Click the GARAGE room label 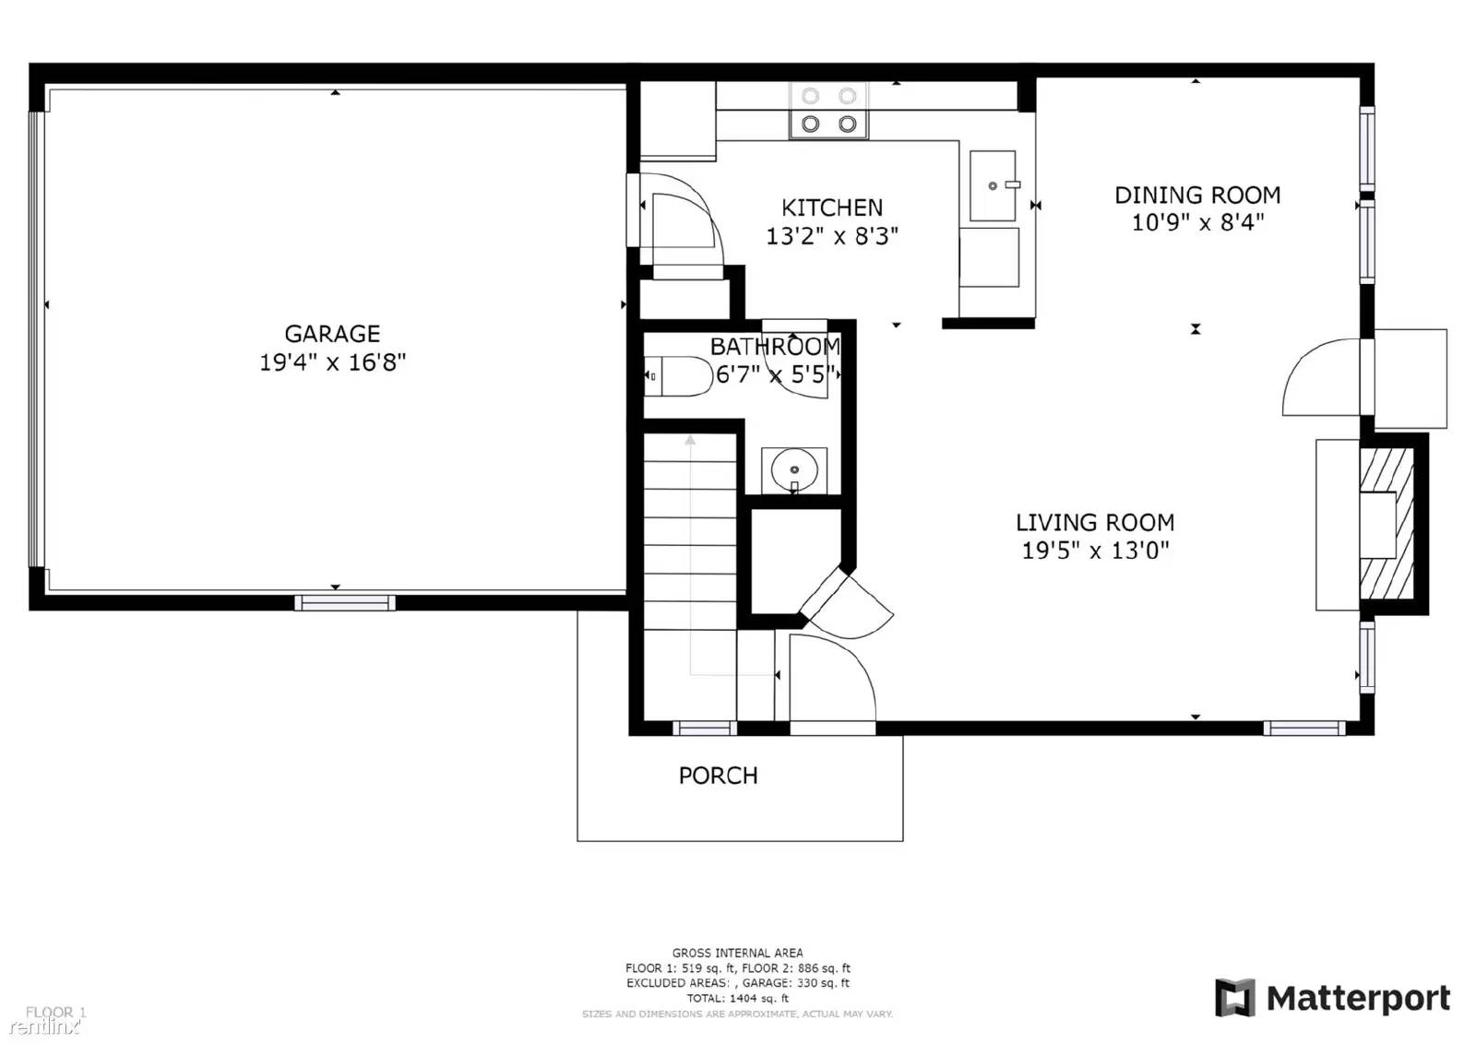(332, 334)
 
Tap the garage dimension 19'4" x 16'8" (332, 362)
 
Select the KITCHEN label (832, 207)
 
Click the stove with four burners (828, 111)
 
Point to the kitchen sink (993, 186)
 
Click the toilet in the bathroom (679, 376)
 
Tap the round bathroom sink (793, 470)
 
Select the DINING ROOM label (1197, 196)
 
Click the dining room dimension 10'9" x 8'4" (1197, 222)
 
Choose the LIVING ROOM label (1095, 523)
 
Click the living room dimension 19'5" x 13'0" (1095, 551)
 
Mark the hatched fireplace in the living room (1386, 524)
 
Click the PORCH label (718, 776)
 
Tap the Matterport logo (1332, 998)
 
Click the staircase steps (689, 535)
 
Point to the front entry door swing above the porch (830, 678)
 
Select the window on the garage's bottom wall (345, 603)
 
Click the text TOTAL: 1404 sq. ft (737, 998)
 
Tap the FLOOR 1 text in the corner (55, 1012)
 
